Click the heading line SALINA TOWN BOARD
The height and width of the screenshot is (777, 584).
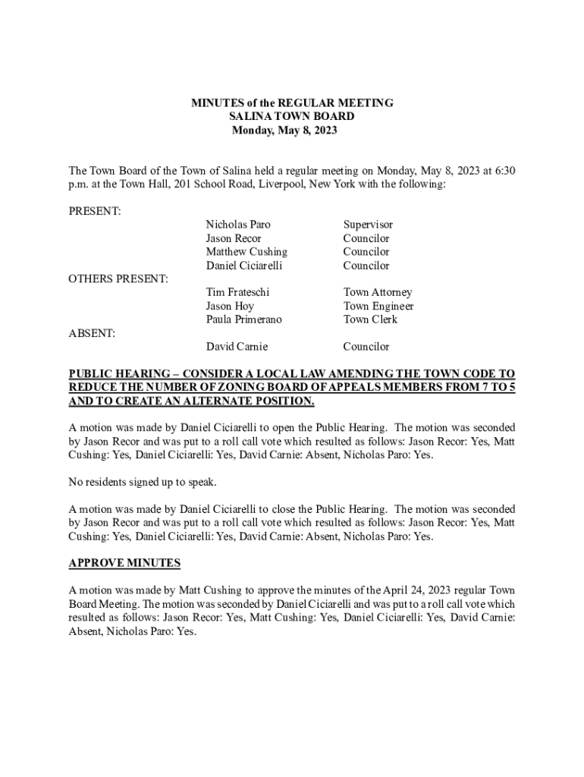pyautogui.click(x=291, y=117)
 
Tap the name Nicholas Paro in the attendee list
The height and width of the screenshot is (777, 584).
pyautogui.click(x=238, y=225)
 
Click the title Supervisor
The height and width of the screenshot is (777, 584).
pyautogui.click(x=368, y=225)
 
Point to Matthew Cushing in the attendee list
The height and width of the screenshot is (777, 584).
pyautogui.click(x=246, y=252)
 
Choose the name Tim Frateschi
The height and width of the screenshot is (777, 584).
pyautogui.click(x=238, y=292)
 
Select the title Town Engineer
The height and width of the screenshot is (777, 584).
pyautogui.click(x=378, y=306)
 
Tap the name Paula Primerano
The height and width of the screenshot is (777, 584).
pyautogui.click(x=243, y=319)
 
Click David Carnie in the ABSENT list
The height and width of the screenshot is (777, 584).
pyautogui.click(x=237, y=347)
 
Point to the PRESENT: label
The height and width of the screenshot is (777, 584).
pyautogui.click(x=95, y=211)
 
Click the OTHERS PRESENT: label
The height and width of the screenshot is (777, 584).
pyautogui.click(x=118, y=279)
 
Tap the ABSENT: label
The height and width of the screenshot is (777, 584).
pyautogui.click(x=93, y=333)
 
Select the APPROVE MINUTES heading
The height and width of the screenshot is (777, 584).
pyautogui.click(x=124, y=563)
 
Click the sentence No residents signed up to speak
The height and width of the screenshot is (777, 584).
pyautogui.click(x=143, y=482)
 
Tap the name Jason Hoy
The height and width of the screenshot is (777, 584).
pyautogui.click(x=230, y=306)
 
